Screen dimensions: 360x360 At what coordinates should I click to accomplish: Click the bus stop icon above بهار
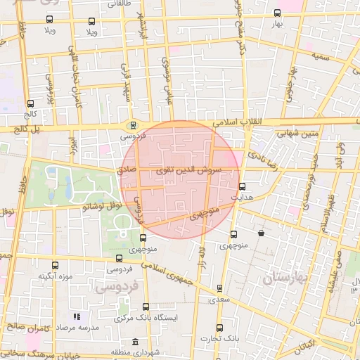coord(277,13)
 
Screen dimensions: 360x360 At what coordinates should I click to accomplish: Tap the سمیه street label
coord(321,56)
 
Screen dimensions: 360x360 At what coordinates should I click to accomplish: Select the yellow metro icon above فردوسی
coord(132,124)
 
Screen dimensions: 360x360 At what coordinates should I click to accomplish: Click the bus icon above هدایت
coord(243,187)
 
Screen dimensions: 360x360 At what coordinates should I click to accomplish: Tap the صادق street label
coord(127,170)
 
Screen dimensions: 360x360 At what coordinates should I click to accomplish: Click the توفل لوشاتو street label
coord(103,205)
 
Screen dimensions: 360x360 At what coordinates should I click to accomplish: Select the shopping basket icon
coord(262,233)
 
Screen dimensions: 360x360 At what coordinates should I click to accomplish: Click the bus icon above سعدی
coord(220,288)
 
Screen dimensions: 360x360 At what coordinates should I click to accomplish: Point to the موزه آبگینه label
coord(56,276)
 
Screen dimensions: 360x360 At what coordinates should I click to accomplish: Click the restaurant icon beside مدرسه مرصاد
coord(77,316)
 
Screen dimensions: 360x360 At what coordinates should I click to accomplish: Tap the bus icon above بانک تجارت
coord(219,328)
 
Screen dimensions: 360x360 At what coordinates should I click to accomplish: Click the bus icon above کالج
coord(30,103)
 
